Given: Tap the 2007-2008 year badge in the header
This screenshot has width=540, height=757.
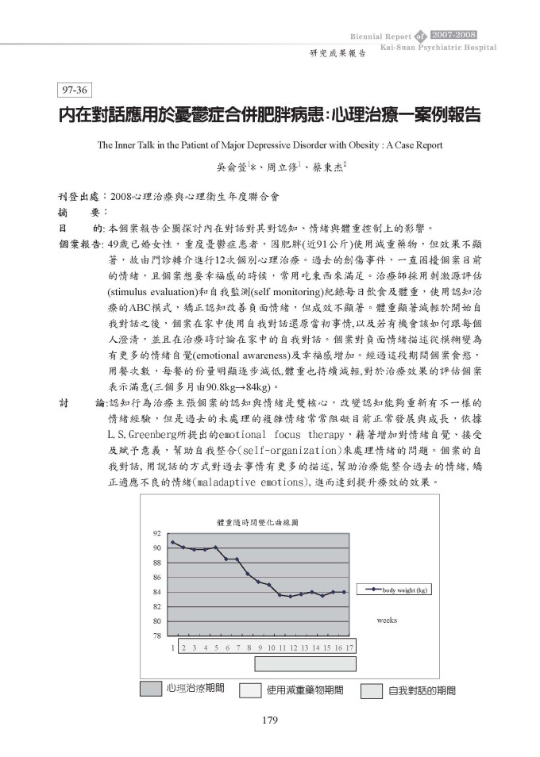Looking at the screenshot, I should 453,35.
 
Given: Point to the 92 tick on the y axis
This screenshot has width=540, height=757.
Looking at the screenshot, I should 157,533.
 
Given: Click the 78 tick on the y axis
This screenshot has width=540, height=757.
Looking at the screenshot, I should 157,636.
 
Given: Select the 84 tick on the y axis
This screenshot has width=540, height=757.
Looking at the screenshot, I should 157,592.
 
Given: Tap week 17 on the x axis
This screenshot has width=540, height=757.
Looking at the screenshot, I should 349,647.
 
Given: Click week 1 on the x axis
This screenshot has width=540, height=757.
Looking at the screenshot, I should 172,647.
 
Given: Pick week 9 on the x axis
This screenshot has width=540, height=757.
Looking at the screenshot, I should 260,647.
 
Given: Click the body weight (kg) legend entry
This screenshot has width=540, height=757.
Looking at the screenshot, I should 397,590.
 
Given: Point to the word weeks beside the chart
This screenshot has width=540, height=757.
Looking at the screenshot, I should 387,620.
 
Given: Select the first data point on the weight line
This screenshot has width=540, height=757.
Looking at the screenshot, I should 172,542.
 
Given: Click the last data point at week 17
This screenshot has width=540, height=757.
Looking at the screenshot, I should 344,592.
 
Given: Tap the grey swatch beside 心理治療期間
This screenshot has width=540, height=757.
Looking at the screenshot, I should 151,689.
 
